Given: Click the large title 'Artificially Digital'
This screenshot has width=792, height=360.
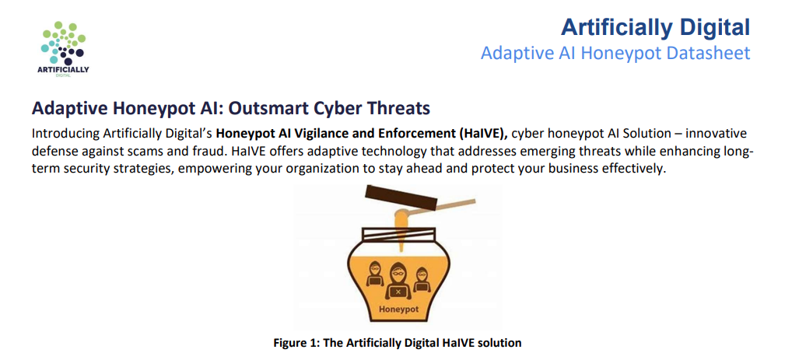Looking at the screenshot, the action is point(655,27).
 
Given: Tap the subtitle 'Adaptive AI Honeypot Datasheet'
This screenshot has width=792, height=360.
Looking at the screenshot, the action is point(615,53).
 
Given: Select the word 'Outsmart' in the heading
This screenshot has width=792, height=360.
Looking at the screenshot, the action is point(248,108).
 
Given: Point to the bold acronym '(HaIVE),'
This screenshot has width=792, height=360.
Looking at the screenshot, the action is point(486,134).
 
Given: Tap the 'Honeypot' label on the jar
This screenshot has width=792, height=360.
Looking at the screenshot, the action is point(399,308).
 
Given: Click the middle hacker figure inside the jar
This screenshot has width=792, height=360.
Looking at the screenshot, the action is point(398,281).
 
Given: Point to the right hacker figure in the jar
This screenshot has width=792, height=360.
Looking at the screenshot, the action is point(421,279).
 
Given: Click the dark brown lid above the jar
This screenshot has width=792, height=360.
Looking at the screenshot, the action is point(401,197).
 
